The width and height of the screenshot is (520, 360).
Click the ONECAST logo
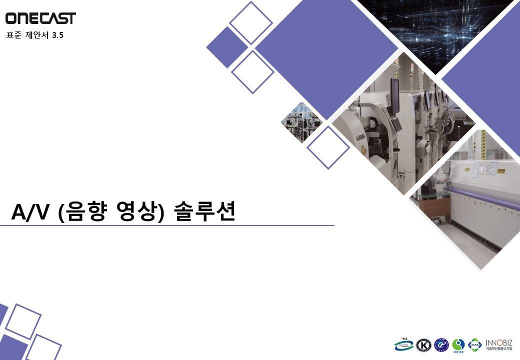(x=40, y=18)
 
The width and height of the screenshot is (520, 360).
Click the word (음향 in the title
(x=82, y=212)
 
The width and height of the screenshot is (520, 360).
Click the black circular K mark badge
(x=424, y=345)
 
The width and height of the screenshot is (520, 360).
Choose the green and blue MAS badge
(x=475, y=344)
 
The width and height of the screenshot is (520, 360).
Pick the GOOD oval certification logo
(x=404, y=344)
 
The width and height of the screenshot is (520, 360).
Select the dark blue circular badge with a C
(x=441, y=345)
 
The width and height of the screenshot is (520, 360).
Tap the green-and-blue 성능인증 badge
(x=458, y=345)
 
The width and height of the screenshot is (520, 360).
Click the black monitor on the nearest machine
(x=395, y=95)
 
